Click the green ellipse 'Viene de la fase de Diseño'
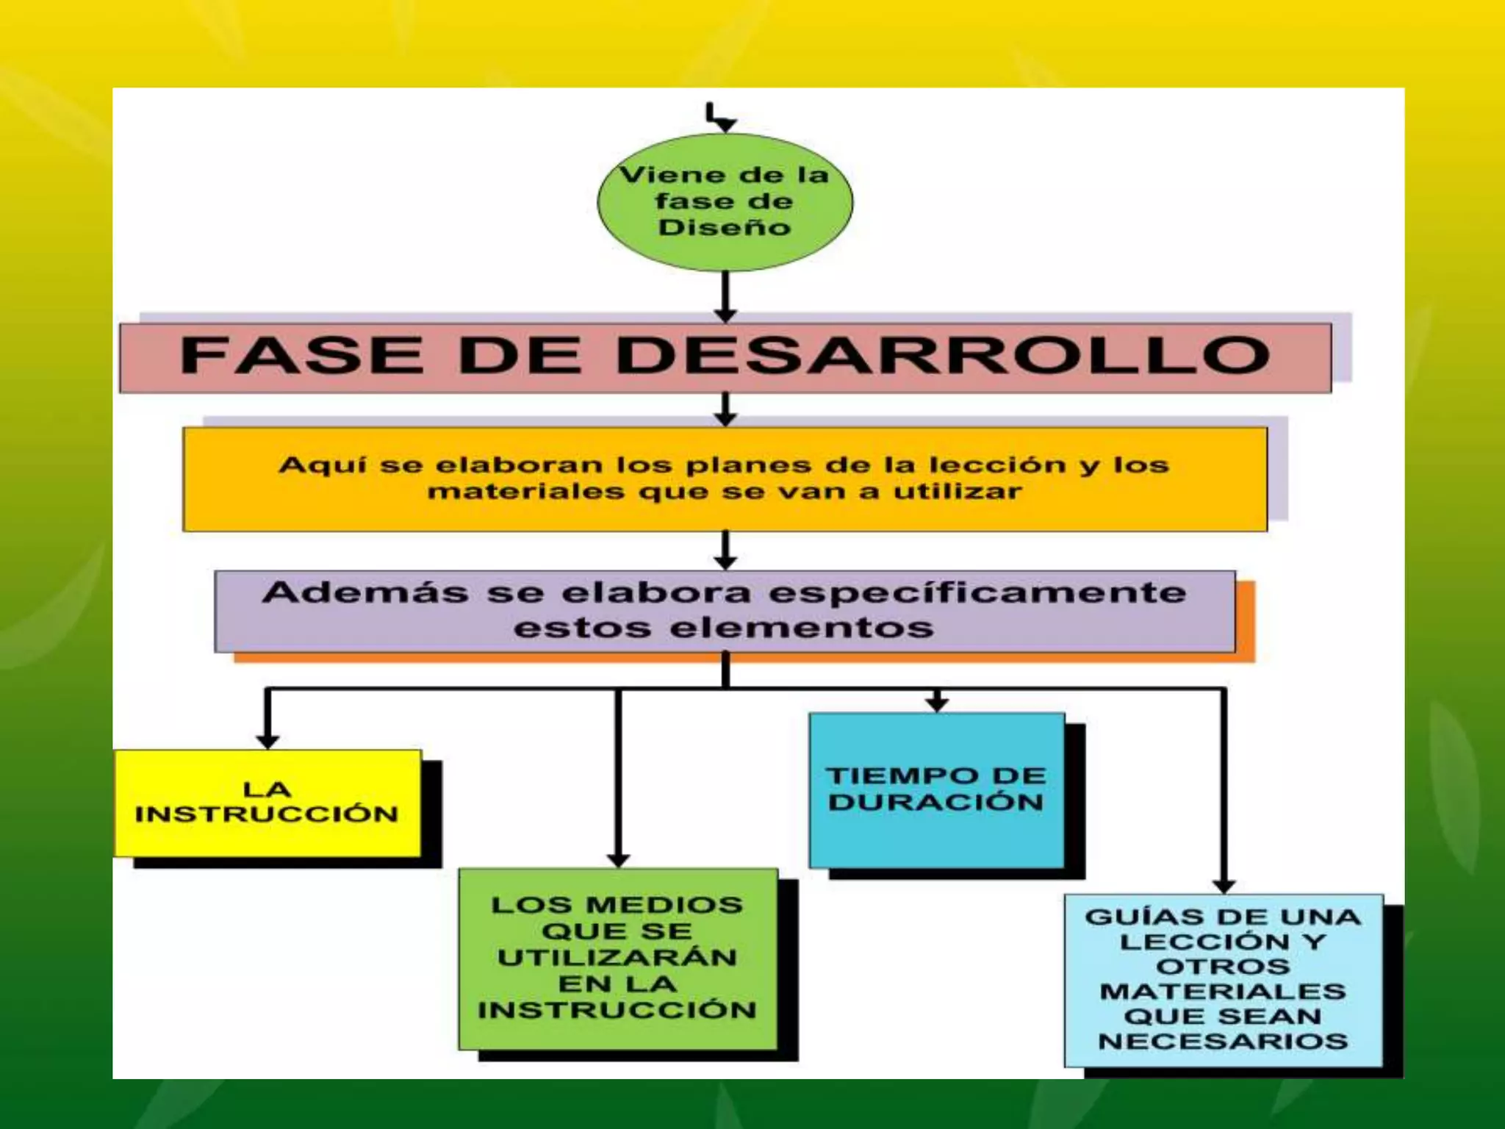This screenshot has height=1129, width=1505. (725, 202)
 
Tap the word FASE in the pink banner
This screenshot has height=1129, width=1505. (302, 356)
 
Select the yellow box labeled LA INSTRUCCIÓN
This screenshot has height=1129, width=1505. (267, 803)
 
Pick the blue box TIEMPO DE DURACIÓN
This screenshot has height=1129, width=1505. (936, 790)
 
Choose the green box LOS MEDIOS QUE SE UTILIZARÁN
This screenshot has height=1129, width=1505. (617, 958)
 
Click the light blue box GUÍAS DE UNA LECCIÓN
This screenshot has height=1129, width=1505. (1223, 979)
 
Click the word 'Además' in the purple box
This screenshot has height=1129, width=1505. (365, 593)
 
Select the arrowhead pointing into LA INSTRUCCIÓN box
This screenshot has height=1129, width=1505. (267, 741)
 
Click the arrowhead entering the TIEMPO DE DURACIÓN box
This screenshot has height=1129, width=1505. (936, 705)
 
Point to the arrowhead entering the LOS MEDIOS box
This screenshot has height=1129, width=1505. (618, 860)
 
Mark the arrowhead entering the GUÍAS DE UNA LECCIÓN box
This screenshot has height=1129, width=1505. (1224, 886)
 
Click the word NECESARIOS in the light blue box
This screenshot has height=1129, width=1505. (1223, 1042)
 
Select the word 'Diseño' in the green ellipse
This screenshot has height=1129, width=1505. (725, 227)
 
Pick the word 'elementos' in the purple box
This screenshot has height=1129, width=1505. (802, 628)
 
